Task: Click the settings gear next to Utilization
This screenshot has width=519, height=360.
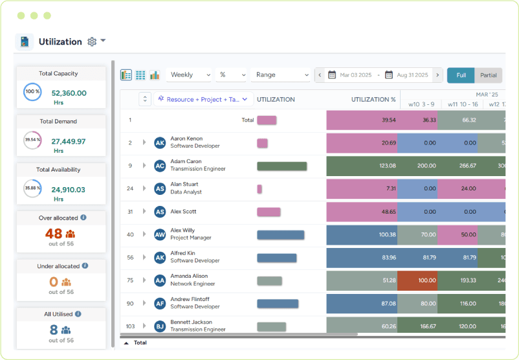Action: click(x=92, y=41)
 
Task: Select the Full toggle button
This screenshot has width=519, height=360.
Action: click(x=461, y=75)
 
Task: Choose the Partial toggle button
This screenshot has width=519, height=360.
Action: click(x=489, y=75)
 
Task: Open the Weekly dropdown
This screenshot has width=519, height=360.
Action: click(x=188, y=75)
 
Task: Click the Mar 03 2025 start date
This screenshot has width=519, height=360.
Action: click(x=355, y=75)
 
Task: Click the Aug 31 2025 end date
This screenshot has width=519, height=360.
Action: click(x=412, y=75)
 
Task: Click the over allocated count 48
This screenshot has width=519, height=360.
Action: click(x=54, y=234)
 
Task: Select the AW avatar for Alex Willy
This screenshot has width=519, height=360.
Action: click(x=160, y=234)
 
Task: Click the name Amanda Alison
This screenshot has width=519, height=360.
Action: click(x=189, y=276)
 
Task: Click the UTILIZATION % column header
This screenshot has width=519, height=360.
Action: click(x=373, y=100)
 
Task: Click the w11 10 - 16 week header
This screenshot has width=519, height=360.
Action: click(x=461, y=104)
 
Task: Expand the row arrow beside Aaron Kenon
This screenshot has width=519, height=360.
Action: click(x=144, y=142)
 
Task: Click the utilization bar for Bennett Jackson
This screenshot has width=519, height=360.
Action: click(x=271, y=326)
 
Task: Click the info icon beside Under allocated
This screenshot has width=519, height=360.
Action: click(x=85, y=265)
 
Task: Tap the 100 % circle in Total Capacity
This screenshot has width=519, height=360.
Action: click(x=32, y=92)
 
